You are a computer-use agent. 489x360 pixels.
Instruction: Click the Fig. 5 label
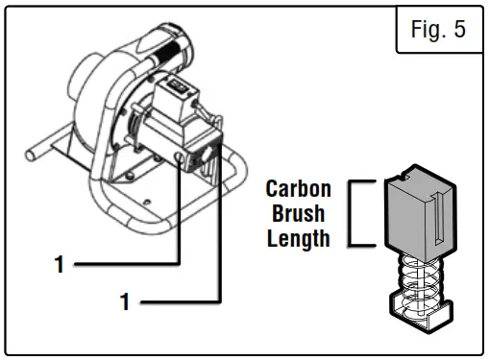pos(437,30)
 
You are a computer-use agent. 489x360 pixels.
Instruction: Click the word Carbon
pos(298,187)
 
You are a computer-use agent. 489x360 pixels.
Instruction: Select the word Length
pos(298,236)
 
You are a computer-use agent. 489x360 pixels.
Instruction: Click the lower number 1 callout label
pos(124,302)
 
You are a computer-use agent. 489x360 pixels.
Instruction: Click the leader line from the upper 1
pos(125,261)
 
